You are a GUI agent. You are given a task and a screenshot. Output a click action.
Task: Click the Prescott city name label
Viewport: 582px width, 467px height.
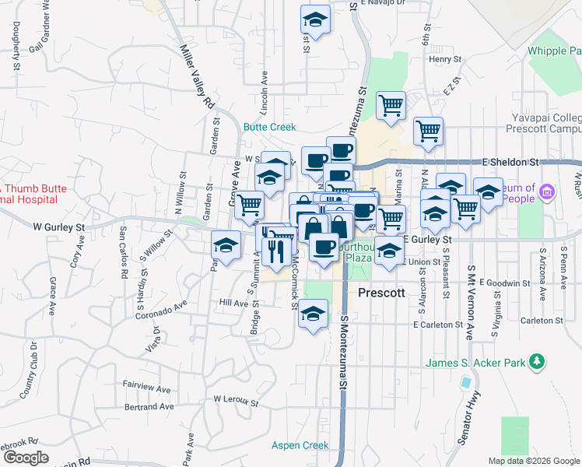pyautogui.click(x=382, y=293)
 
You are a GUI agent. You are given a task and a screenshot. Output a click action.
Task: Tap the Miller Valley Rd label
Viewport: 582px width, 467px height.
pyautogui.click(x=197, y=76)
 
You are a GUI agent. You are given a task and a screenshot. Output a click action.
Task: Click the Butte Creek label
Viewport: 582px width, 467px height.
pyautogui.click(x=269, y=127)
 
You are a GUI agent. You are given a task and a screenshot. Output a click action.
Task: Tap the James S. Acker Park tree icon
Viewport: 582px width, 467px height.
pyautogui.click(x=536, y=362)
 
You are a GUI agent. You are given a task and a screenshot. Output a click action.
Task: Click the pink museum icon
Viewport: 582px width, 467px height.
pyautogui.click(x=547, y=191)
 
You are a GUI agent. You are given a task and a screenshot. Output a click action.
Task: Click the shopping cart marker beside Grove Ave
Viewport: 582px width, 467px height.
pyautogui.click(x=249, y=205)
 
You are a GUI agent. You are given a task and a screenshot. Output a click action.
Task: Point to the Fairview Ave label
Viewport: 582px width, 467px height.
pyautogui.click(x=146, y=388)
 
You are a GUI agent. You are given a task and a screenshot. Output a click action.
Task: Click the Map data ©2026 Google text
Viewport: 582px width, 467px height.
pyautogui.click(x=533, y=461)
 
